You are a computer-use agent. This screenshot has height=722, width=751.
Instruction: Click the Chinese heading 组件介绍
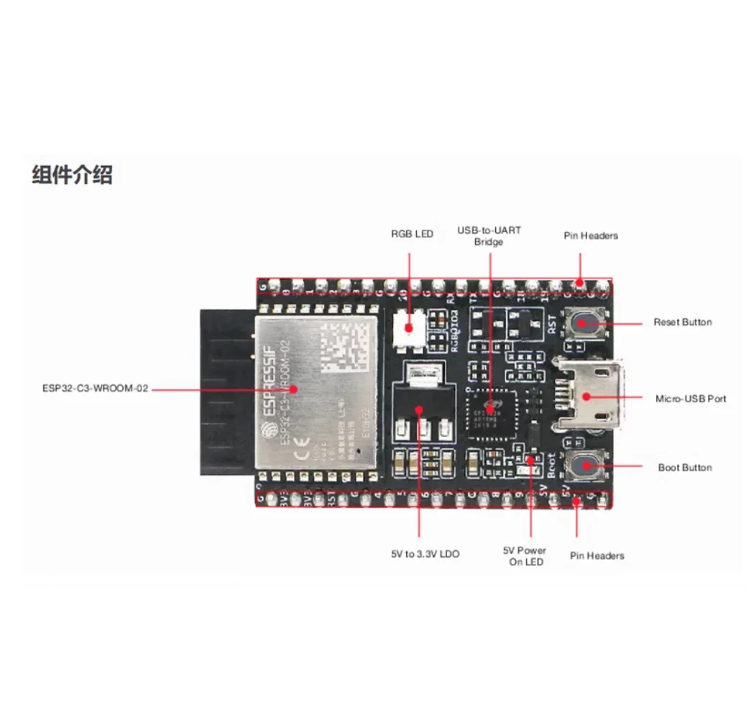point(72,175)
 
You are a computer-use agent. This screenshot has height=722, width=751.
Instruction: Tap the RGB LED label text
point(412,234)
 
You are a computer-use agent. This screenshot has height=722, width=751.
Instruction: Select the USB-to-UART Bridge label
point(489,236)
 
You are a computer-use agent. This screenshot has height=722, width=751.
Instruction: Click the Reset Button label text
point(682,323)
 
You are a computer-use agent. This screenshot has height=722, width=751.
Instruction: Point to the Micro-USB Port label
point(690,399)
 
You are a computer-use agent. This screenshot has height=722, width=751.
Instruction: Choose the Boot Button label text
point(684,468)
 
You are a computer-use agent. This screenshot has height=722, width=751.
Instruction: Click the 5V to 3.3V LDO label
point(425,554)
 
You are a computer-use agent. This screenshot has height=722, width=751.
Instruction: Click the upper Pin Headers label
point(590,236)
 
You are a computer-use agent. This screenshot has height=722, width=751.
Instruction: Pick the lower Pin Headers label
point(596,556)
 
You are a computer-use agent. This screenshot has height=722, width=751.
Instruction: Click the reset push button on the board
point(584,323)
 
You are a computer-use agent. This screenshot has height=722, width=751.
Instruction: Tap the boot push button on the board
point(584,466)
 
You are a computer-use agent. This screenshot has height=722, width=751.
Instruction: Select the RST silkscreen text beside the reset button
point(552,327)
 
